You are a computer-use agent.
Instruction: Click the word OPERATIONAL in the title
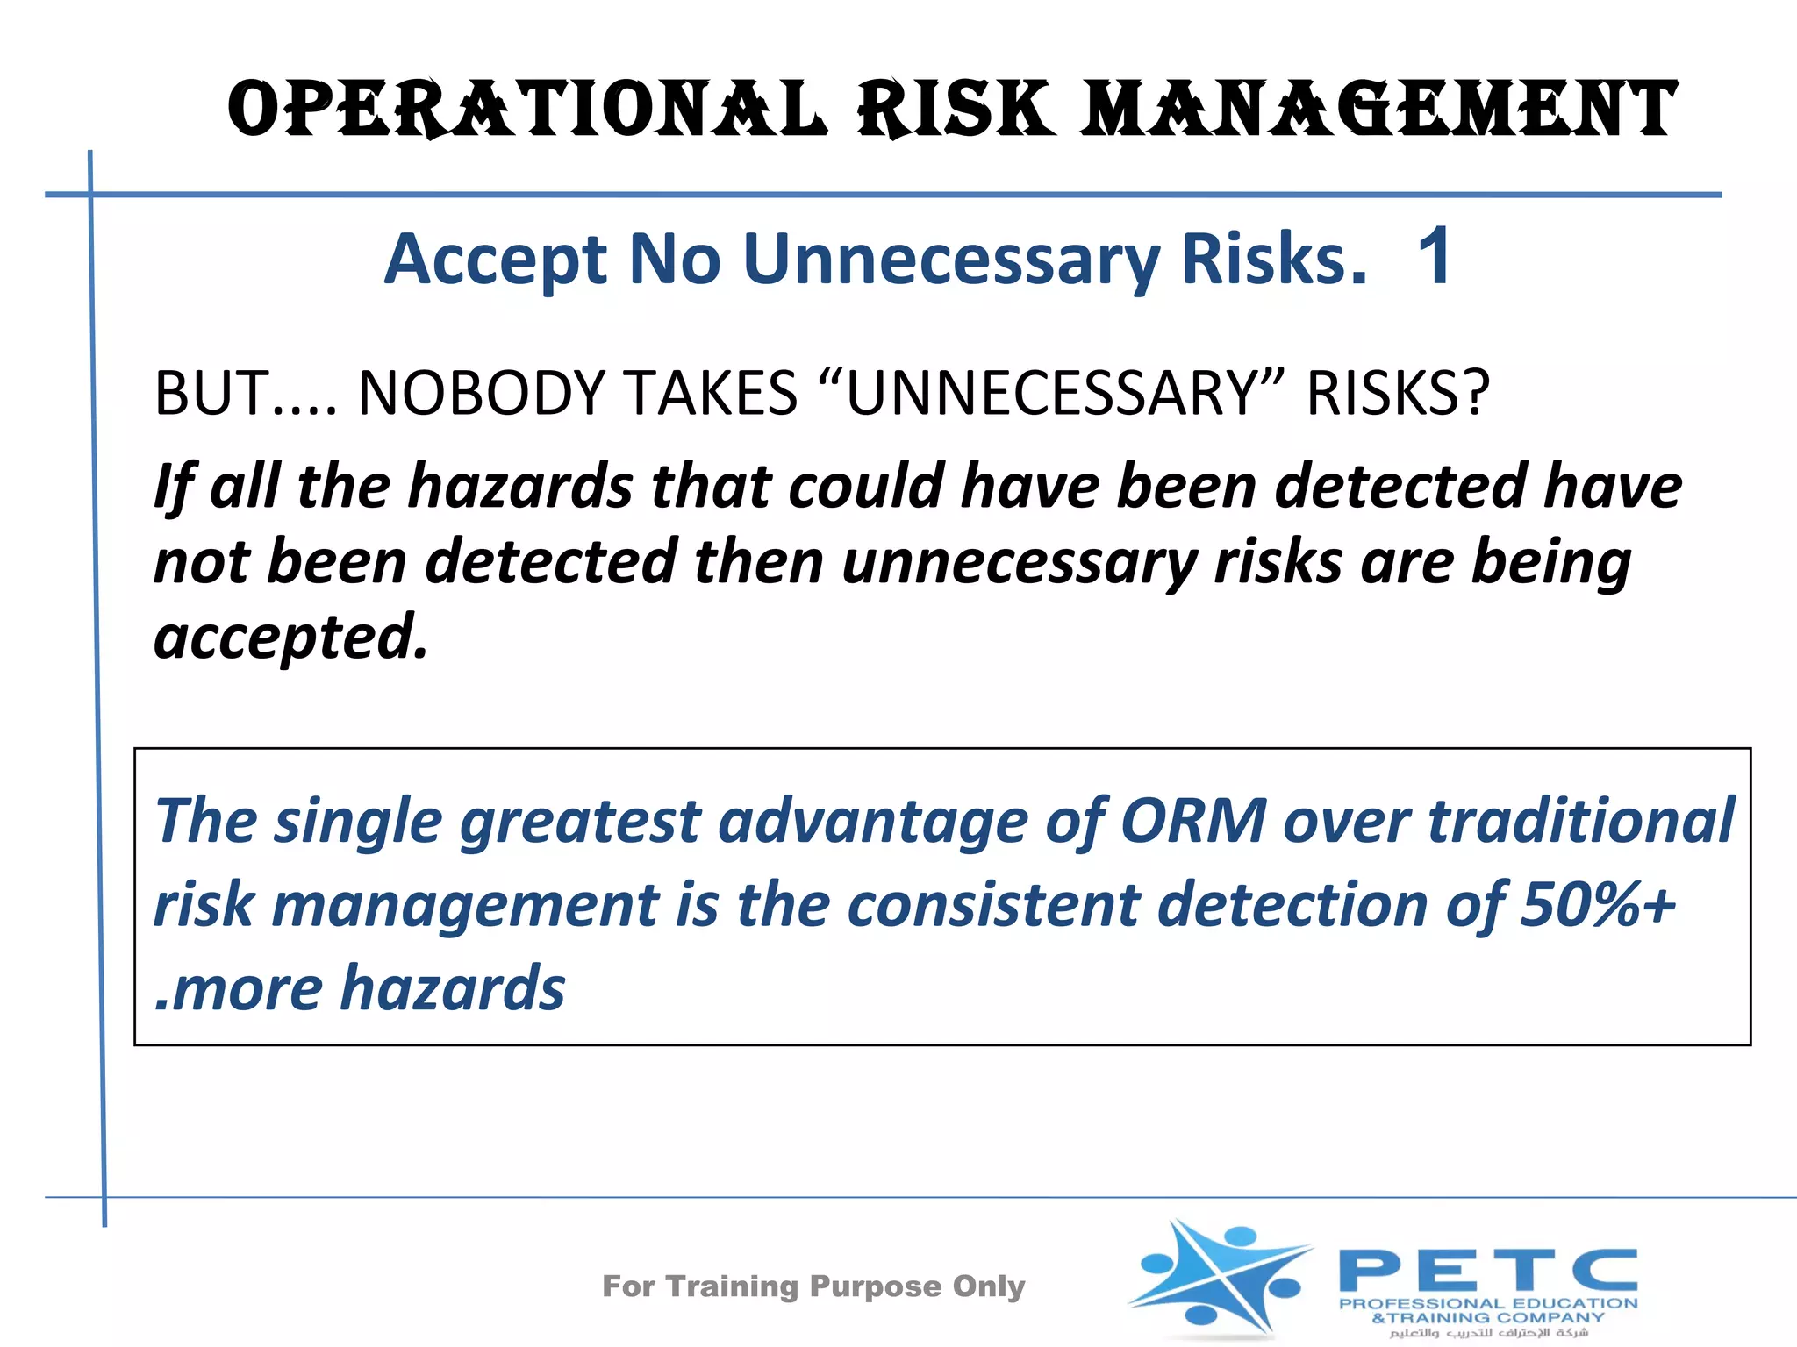coord(526,110)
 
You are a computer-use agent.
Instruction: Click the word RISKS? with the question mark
coord(1398,393)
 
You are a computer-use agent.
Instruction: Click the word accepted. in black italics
coord(290,637)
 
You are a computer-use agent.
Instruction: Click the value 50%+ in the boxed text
coord(1598,905)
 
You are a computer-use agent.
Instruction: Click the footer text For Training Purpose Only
coord(813,1286)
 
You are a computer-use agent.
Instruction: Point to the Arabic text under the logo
coord(1488,1333)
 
